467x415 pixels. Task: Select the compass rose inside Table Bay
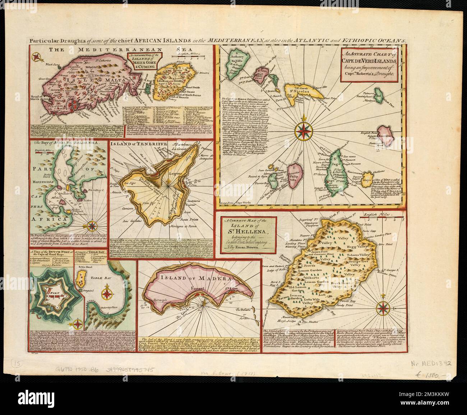pos(107,293)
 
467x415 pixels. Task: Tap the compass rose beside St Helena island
pos(384,308)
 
